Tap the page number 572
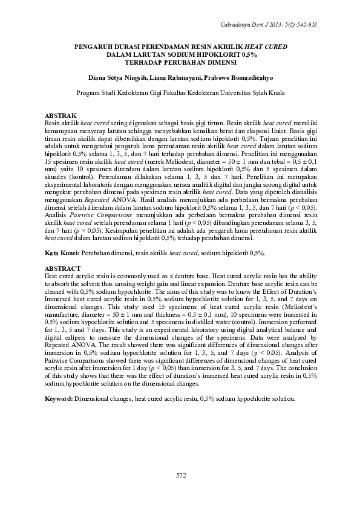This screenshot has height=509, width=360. pos(180,476)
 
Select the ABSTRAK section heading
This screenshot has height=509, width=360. pos(61,115)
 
